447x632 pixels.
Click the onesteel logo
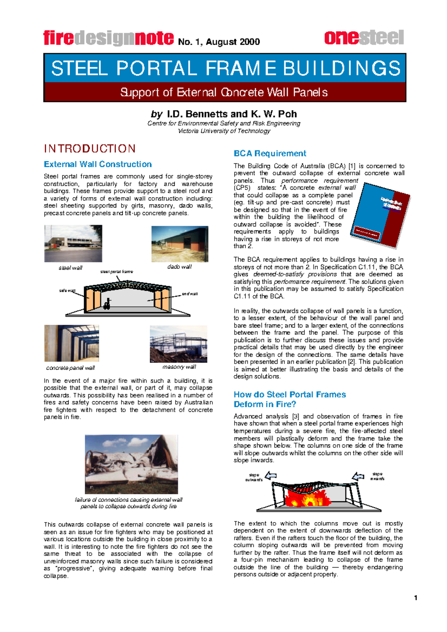point(364,38)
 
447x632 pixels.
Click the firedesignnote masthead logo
point(108,38)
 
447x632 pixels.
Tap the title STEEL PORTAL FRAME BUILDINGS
point(225,68)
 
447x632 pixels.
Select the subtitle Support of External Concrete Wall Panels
point(224,92)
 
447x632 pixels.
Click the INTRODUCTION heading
point(90,149)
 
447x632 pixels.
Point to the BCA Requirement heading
point(270,153)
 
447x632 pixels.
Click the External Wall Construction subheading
point(98,164)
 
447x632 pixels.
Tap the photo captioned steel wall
point(73,243)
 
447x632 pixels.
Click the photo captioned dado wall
point(180,244)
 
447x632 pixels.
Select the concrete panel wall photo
point(72,343)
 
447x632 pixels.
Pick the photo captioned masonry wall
point(178,344)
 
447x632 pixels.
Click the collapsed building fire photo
point(131,464)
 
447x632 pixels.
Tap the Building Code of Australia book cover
point(380,214)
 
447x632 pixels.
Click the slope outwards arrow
point(271,476)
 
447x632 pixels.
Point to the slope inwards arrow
point(358,476)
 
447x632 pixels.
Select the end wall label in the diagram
point(190,294)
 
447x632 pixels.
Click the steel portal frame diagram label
point(117,272)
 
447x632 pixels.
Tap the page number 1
point(416,598)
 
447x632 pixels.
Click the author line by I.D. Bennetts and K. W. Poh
point(224,114)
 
